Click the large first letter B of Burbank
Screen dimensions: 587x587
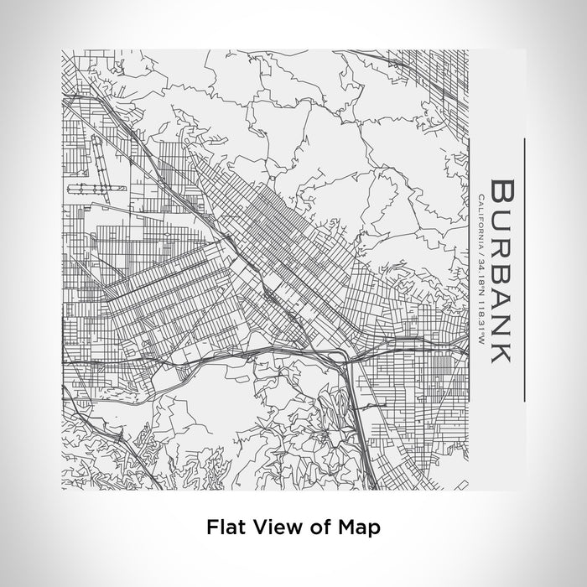pos(501,190)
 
